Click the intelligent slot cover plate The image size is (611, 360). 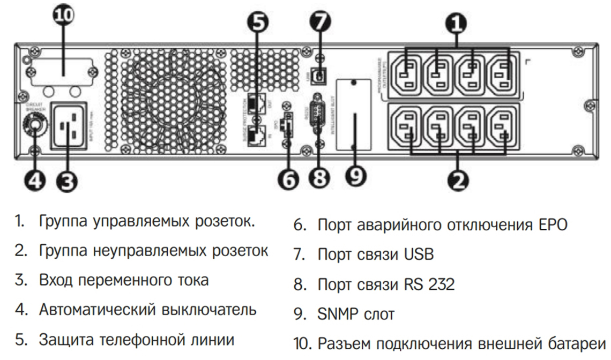(353, 116)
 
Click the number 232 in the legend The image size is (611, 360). (439, 284)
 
